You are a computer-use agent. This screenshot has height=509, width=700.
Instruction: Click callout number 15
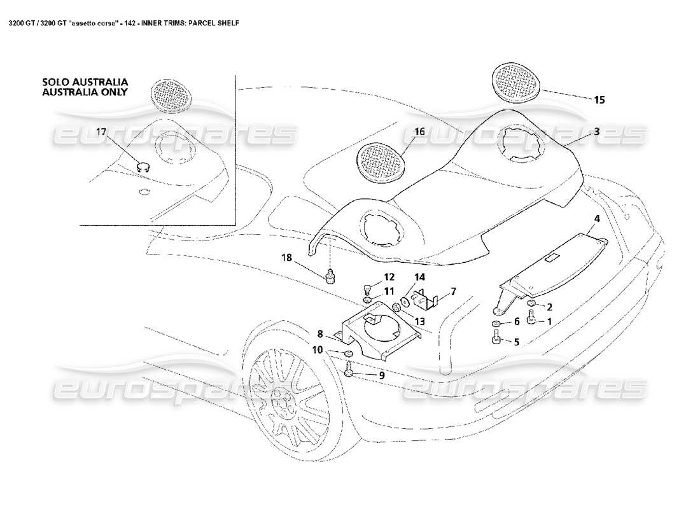[599, 100]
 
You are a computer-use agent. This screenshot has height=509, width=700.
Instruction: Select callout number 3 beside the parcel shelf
[597, 132]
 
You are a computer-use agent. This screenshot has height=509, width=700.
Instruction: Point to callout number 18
[286, 258]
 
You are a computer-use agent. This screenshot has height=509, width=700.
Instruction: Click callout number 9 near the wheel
[382, 375]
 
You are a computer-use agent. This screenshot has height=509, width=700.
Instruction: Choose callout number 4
[597, 219]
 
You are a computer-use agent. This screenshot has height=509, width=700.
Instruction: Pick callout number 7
[453, 291]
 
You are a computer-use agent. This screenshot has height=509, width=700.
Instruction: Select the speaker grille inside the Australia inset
[171, 95]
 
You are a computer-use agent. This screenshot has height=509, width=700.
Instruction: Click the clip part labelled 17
[144, 168]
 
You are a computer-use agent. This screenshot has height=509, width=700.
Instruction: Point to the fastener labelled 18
[330, 275]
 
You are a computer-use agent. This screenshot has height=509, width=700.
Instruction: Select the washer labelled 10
[349, 354]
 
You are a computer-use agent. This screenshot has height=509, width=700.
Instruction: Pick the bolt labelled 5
[496, 338]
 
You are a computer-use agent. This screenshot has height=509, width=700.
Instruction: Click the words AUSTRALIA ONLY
[85, 92]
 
